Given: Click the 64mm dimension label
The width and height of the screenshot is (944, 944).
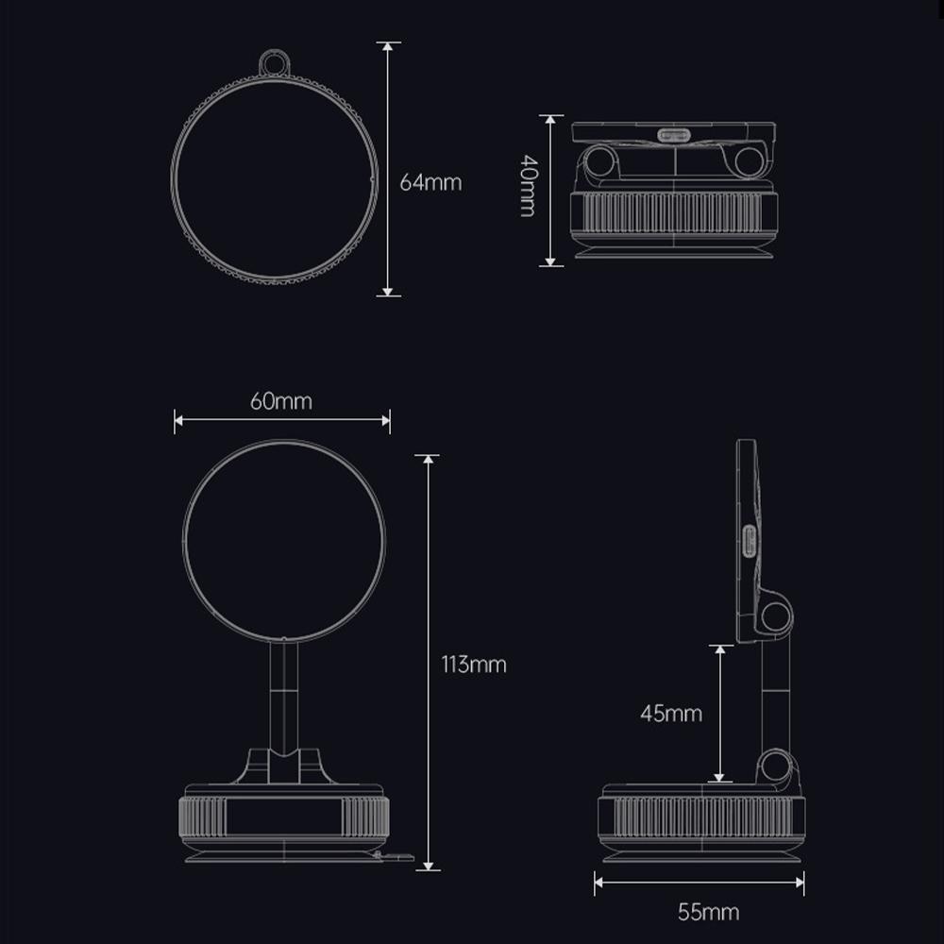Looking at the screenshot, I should coord(430,182).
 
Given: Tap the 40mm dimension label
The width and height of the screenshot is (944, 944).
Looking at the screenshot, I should coord(528,186).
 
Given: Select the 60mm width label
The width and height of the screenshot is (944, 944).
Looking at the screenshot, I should coord(280,400).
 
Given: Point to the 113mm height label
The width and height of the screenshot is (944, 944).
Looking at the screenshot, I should coord(474,665).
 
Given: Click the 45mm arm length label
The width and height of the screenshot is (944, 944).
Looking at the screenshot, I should coord(671,714).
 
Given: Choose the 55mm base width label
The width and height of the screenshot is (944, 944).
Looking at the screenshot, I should coord(708,912).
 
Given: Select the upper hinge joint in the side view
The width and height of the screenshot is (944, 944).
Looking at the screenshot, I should coord(775,615).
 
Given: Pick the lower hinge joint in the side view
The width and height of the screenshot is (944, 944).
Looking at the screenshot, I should coord(775,765).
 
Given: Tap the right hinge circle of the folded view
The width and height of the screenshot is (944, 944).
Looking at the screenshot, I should coord(749,161).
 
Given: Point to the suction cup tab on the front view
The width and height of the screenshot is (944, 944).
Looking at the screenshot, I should coord(396,857).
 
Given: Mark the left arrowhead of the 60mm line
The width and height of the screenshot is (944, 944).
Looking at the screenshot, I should coord(178,421).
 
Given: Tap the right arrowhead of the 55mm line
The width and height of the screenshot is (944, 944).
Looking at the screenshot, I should coord(801,884).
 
